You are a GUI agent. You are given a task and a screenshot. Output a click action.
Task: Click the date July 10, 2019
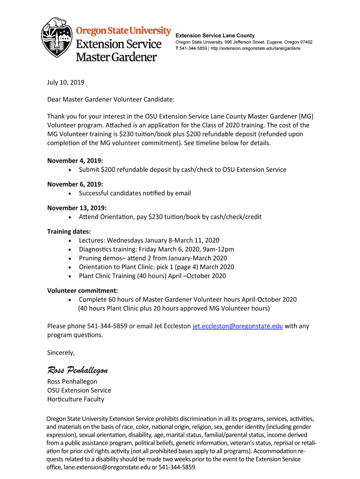click(x=65, y=82)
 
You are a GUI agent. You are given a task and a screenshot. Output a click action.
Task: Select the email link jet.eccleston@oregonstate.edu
click(x=238, y=326)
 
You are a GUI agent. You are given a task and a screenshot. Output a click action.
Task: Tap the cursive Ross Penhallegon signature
click(x=78, y=370)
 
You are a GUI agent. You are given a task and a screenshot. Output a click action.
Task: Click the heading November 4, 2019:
click(x=75, y=160)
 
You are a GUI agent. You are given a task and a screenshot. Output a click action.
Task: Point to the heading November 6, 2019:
click(x=75, y=184)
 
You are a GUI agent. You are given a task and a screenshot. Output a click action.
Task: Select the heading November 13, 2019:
click(x=77, y=208)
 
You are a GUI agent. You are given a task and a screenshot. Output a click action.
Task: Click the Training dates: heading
click(x=69, y=232)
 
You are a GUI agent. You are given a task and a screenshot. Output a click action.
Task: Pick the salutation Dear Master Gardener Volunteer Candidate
click(x=111, y=99)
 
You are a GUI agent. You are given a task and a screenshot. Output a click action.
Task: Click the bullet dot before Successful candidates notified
click(x=70, y=194)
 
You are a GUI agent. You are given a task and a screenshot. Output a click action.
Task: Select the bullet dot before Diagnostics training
click(x=70, y=249)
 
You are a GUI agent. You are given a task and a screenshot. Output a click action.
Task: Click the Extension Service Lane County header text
click(x=215, y=36)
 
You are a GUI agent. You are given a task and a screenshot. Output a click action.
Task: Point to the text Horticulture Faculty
click(x=76, y=399)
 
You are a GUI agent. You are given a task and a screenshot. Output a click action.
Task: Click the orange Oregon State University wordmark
click(x=123, y=31)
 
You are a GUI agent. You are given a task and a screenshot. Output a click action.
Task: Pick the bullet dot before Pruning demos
click(x=70, y=258)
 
